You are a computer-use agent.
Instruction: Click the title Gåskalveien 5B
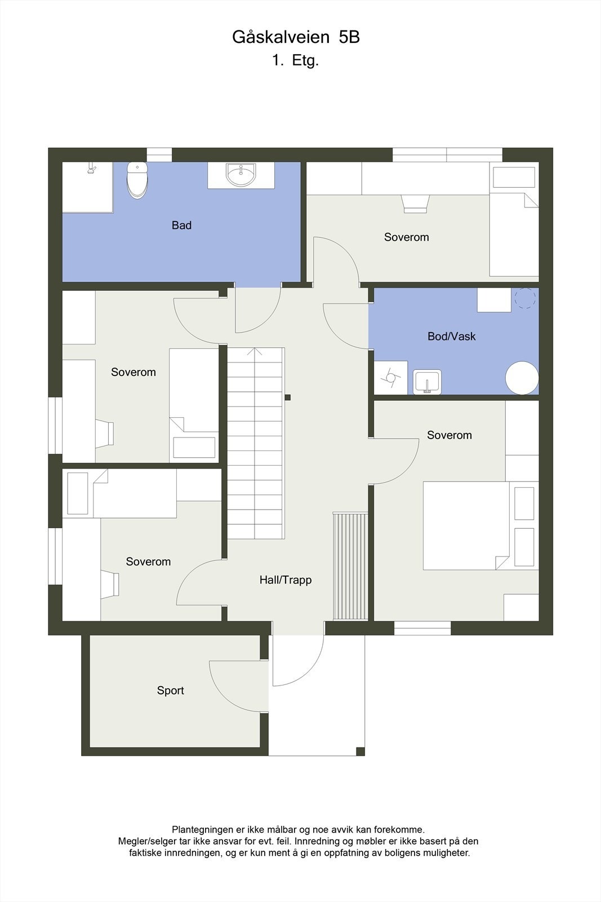pos(296,37)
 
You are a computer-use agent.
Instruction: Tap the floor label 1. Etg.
pos(296,60)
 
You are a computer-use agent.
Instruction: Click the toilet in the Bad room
pos(137,180)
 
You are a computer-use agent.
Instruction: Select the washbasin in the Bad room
pos(241,175)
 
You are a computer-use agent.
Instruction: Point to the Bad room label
pos(181,225)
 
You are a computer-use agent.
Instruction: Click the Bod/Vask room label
pos(451,337)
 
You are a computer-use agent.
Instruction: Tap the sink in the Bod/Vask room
pos(427,382)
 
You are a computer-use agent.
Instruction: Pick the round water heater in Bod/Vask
pos(522,378)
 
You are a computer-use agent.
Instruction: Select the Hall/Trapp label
pos(285,580)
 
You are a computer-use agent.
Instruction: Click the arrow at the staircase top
pos(255,352)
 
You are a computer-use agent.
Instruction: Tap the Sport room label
pos(170,691)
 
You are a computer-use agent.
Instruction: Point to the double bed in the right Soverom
pos(466,525)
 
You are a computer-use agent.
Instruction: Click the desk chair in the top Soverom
pos(415,204)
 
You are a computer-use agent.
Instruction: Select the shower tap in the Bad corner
pos(91,169)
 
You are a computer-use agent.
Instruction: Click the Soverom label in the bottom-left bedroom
pos(148,562)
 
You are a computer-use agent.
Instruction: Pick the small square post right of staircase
pos(288,397)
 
